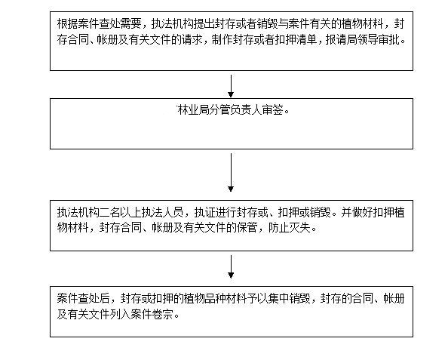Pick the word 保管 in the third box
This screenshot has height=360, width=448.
point(247,228)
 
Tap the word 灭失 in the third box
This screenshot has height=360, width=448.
point(299,228)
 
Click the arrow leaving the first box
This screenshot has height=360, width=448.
point(231,86)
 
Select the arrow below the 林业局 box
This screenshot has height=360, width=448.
point(231,172)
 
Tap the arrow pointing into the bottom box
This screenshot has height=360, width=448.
point(231,266)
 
